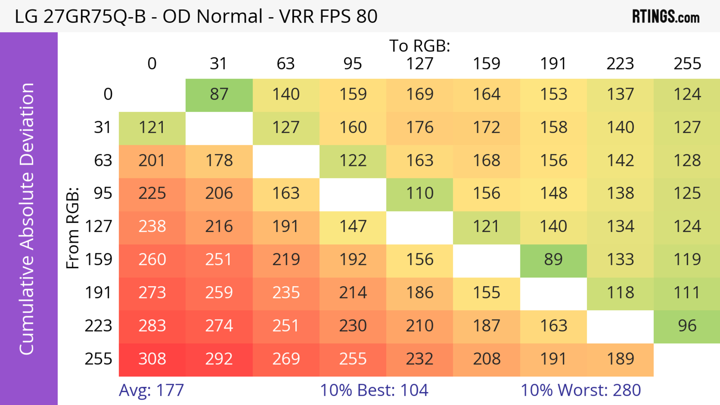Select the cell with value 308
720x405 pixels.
point(152,359)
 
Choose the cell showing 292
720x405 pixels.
point(219,359)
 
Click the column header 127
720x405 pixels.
point(420,64)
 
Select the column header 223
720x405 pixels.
point(620,64)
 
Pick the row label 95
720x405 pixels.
point(103,193)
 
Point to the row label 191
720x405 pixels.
point(98,293)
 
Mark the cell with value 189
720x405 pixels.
point(620,359)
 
